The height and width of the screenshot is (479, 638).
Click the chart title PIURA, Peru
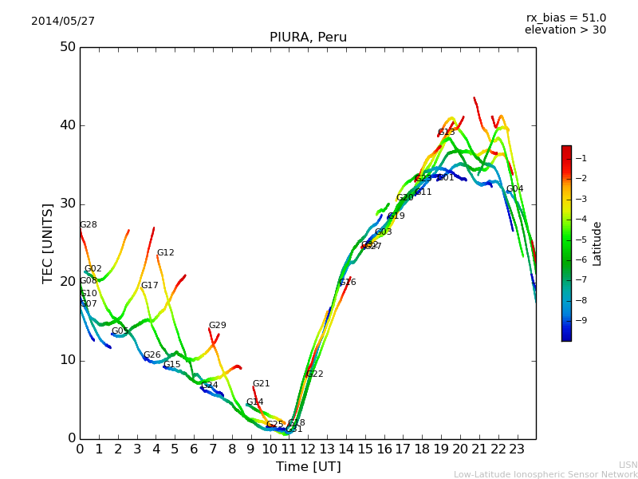click(308, 38)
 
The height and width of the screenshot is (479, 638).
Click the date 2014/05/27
click(63, 22)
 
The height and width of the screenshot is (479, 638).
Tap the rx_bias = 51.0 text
click(565, 18)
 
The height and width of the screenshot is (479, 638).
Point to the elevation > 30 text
click(565, 30)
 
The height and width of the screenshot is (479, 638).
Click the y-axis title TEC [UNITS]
click(48, 243)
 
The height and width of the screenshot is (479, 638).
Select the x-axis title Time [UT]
click(308, 467)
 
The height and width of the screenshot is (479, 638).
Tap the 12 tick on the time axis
click(308, 449)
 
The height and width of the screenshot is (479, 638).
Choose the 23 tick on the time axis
click(517, 449)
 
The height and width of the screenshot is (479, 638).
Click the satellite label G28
click(89, 225)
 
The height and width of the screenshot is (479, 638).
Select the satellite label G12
click(165, 253)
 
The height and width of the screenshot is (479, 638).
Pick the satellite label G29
click(218, 326)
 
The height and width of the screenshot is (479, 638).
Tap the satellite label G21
click(262, 384)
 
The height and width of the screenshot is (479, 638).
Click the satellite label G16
click(348, 283)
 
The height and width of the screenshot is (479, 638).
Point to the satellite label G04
click(515, 189)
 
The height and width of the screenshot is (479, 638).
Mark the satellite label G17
click(150, 286)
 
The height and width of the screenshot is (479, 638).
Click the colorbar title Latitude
click(597, 243)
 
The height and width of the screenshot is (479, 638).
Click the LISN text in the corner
click(628, 465)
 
